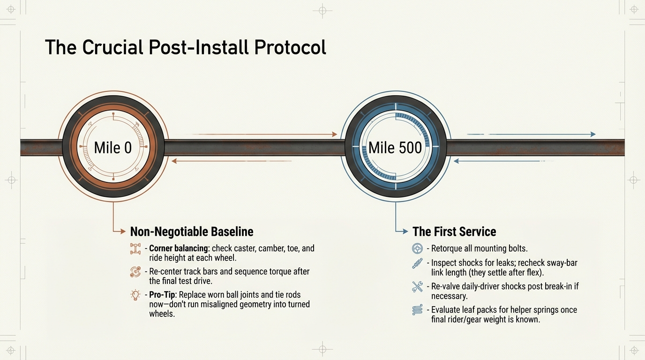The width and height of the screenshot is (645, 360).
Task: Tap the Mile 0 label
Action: click(113, 148)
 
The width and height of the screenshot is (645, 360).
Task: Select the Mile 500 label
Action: click(395, 148)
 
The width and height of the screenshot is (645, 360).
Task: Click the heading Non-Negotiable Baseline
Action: click(191, 232)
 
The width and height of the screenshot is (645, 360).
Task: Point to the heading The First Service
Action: click(454, 232)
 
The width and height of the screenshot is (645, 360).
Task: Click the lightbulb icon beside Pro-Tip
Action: click(135, 295)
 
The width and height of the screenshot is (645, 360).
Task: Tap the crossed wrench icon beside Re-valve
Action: click(417, 286)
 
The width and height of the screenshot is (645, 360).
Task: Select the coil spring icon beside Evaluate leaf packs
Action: click(417, 310)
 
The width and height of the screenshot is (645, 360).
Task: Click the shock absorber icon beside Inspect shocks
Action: click(417, 263)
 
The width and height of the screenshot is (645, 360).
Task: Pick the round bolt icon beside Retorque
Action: click(417, 248)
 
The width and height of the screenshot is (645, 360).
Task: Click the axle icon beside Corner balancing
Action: click(135, 248)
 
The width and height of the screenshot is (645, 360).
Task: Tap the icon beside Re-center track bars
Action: click(135, 271)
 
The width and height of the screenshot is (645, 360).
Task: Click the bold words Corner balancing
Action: click(179, 248)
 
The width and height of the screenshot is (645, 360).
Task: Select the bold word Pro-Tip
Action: click(162, 295)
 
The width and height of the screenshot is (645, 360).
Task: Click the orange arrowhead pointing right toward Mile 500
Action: click(334, 135)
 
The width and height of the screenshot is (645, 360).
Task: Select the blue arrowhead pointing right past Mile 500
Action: click(593, 135)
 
